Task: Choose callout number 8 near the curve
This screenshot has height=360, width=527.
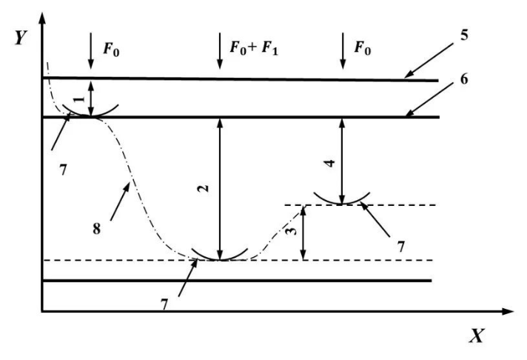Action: coord(98,230)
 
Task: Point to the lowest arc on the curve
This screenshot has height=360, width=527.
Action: coord(219,256)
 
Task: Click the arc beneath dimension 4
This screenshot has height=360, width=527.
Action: coord(341,200)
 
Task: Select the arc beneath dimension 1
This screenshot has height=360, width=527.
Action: coord(90,113)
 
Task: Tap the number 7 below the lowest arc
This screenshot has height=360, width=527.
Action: coord(164,304)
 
